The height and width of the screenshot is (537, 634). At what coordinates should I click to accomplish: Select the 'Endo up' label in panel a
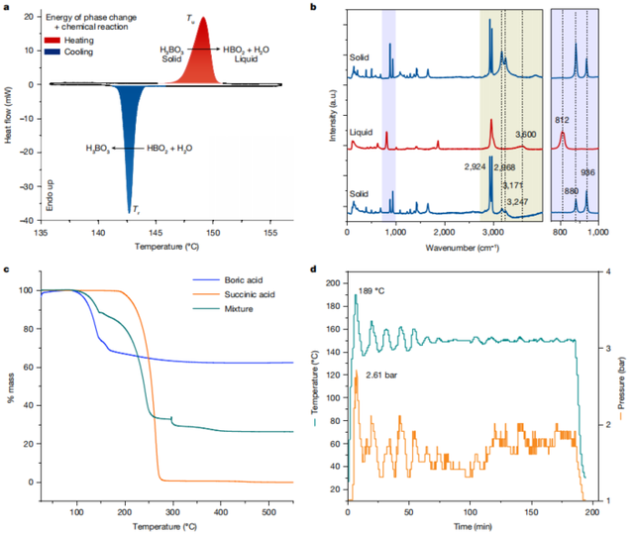click(x=47, y=194)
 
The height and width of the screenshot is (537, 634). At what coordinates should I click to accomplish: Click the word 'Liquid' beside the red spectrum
click(x=363, y=131)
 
